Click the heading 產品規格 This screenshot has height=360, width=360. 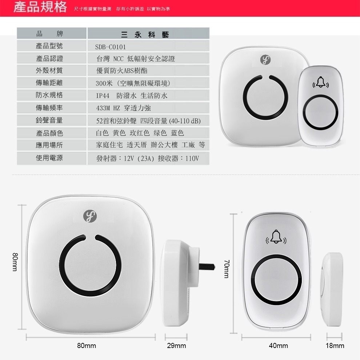(40, 8)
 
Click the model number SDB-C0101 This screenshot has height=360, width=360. (111, 47)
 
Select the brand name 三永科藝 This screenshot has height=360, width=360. (144, 35)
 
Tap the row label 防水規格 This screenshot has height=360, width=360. (49, 95)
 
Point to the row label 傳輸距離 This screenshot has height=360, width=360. (49, 83)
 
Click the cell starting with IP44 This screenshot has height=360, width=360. (132, 96)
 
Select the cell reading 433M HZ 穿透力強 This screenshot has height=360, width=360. (123, 108)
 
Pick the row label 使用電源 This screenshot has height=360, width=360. (49, 158)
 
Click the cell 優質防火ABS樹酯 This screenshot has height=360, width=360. (122, 71)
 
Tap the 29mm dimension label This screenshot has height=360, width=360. (176, 346)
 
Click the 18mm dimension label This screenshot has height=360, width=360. (335, 346)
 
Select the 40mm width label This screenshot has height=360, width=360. (278, 346)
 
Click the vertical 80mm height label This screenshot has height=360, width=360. (15, 262)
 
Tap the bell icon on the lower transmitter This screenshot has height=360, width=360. (276, 237)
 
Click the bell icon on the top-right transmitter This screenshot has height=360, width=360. (320, 83)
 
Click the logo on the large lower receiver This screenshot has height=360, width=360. (90, 216)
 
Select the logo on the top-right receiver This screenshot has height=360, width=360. (265, 60)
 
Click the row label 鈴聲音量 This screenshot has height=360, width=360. (49, 120)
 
